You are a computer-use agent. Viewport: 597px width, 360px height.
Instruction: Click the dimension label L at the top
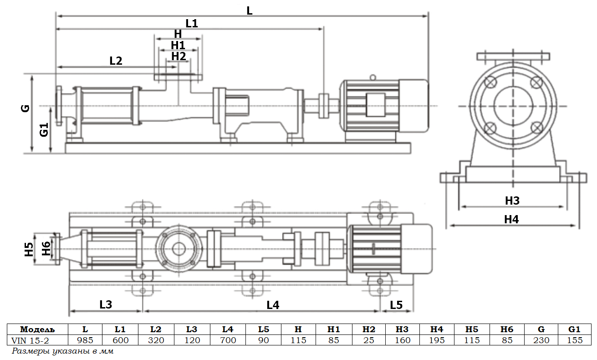click(249, 10)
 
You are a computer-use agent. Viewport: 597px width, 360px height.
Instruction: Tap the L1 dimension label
click(192, 23)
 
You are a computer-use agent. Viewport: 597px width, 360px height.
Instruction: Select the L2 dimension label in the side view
click(116, 61)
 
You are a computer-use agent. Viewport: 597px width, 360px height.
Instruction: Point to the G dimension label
click(26, 108)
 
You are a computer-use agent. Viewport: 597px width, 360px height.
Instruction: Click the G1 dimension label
click(44, 130)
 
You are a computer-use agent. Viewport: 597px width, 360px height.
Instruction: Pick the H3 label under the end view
click(512, 201)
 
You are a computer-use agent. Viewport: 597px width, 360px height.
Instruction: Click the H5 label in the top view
click(29, 249)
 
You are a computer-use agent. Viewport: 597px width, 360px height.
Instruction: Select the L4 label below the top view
click(272, 305)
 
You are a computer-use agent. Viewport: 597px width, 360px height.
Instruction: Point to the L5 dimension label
click(396, 305)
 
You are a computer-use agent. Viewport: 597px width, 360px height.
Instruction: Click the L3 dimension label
click(105, 305)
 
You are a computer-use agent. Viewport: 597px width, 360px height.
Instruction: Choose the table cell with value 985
click(85, 340)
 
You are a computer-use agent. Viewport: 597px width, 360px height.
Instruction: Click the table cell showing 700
click(228, 340)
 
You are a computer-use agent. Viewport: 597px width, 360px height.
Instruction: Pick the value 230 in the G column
click(541, 340)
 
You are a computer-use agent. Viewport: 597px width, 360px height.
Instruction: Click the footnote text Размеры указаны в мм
click(62, 351)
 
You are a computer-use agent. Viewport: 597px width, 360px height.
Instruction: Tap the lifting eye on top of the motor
click(373, 77)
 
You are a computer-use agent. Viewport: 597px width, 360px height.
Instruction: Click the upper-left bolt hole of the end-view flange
click(490, 83)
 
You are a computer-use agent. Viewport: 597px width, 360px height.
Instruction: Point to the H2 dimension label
click(179, 56)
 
